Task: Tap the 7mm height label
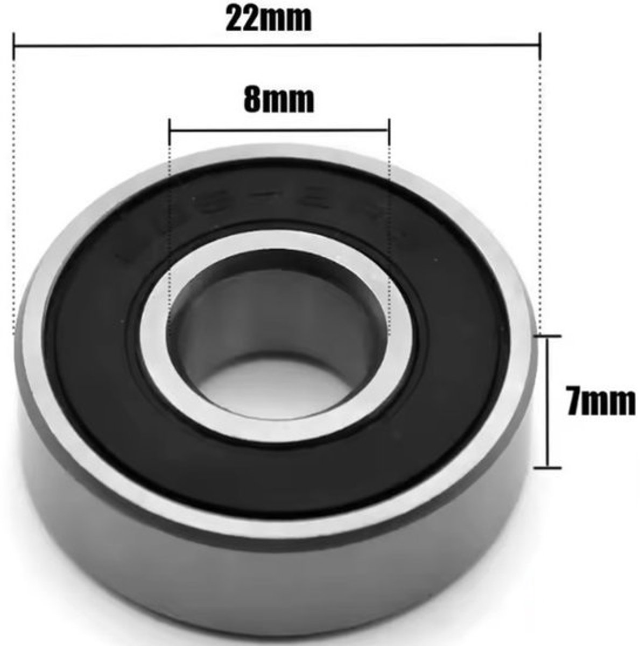601,402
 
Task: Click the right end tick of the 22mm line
539,47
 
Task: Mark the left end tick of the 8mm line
170,130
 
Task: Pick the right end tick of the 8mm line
388,130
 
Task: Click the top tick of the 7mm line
548,336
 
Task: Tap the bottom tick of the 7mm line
548,467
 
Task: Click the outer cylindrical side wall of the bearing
269,581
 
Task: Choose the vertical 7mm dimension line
548,401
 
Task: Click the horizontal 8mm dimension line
279,130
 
